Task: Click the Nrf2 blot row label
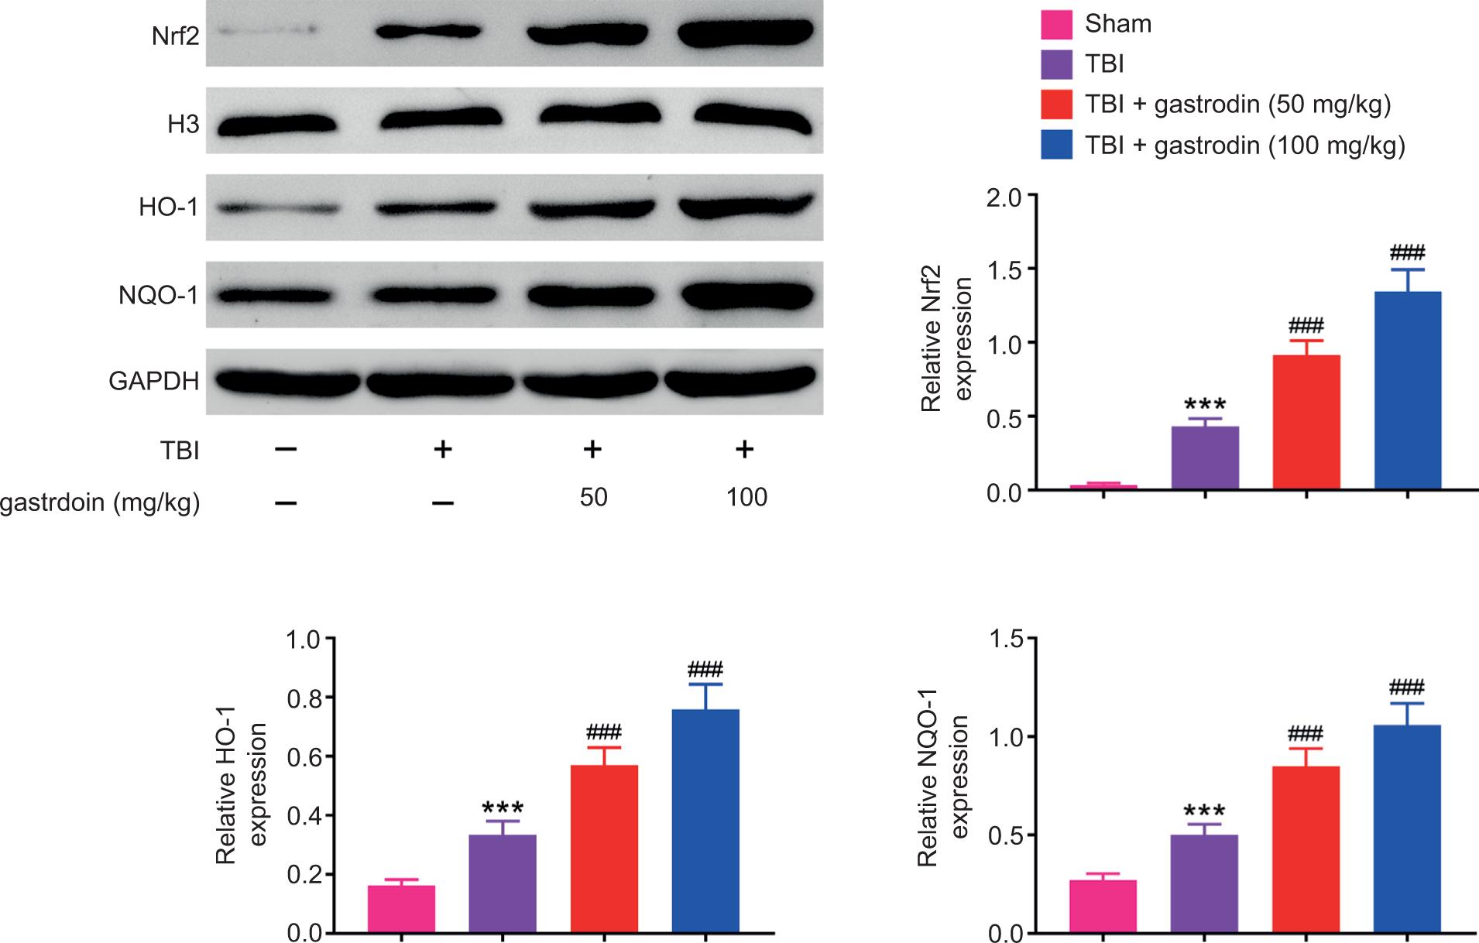coord(175,36)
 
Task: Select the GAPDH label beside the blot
coord(153,381)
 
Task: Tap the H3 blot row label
coord(183,124)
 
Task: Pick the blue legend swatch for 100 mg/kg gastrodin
coord(1057,145)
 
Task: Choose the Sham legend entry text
coord(1117,24)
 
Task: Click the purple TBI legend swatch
coord(1057,64)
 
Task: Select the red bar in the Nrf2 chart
coord(1306,422)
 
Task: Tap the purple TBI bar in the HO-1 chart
coord(503,883)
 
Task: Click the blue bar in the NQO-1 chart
coord(1407,828)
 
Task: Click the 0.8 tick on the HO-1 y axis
coord(303,698)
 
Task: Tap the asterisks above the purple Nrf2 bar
coord(1205,405)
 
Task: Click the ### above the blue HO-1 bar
coord(705,670)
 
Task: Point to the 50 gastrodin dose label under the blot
coord(593,496)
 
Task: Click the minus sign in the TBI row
coord(286,449)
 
